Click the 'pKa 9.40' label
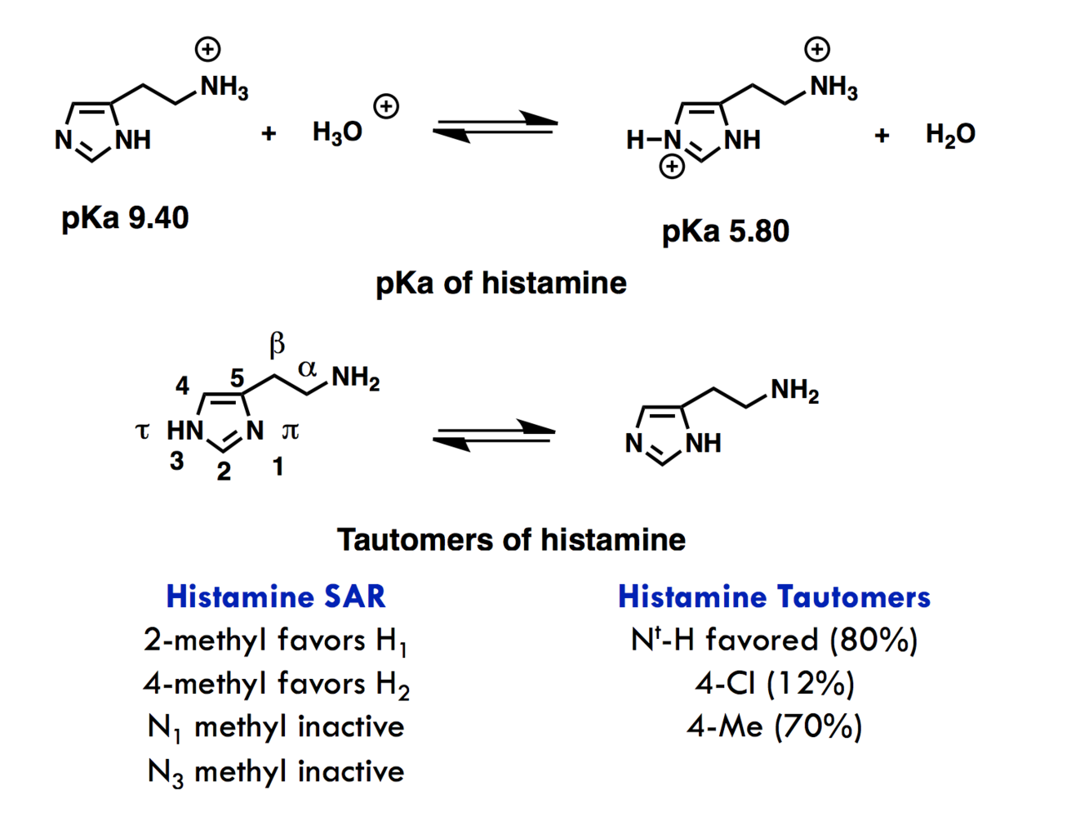coord(125,218)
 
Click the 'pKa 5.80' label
coord(725,231)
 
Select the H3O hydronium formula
coord(337,132)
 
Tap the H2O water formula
coord(950,134)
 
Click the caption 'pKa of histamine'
coord(500,284)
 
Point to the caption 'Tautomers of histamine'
coord(511,540)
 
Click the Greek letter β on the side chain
coord(278,344)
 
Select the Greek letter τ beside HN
coord(143,431)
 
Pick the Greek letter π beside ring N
coord(290,431)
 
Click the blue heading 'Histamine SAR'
coord(275,596)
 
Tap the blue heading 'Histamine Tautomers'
coord(773,596)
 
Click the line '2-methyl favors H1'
coord(275,641)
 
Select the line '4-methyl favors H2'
coord(275,684)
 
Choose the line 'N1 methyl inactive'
coord(275,727)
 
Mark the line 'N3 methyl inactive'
coord(275,771)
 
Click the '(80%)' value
coord(873,640)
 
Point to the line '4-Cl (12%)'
coord(774,683)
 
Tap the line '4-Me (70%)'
coord(774,726)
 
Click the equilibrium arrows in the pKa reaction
coord(495,127)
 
